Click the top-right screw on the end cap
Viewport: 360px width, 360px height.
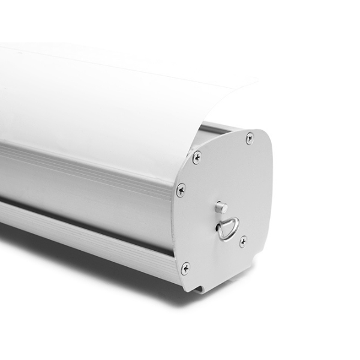coord(250,139)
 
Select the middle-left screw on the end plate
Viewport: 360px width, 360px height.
coord(181,190)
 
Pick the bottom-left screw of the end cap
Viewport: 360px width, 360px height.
coord(185,268)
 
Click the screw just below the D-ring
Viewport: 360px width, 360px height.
coord(242,241)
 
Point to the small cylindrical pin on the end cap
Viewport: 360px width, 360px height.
coord(221,208)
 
